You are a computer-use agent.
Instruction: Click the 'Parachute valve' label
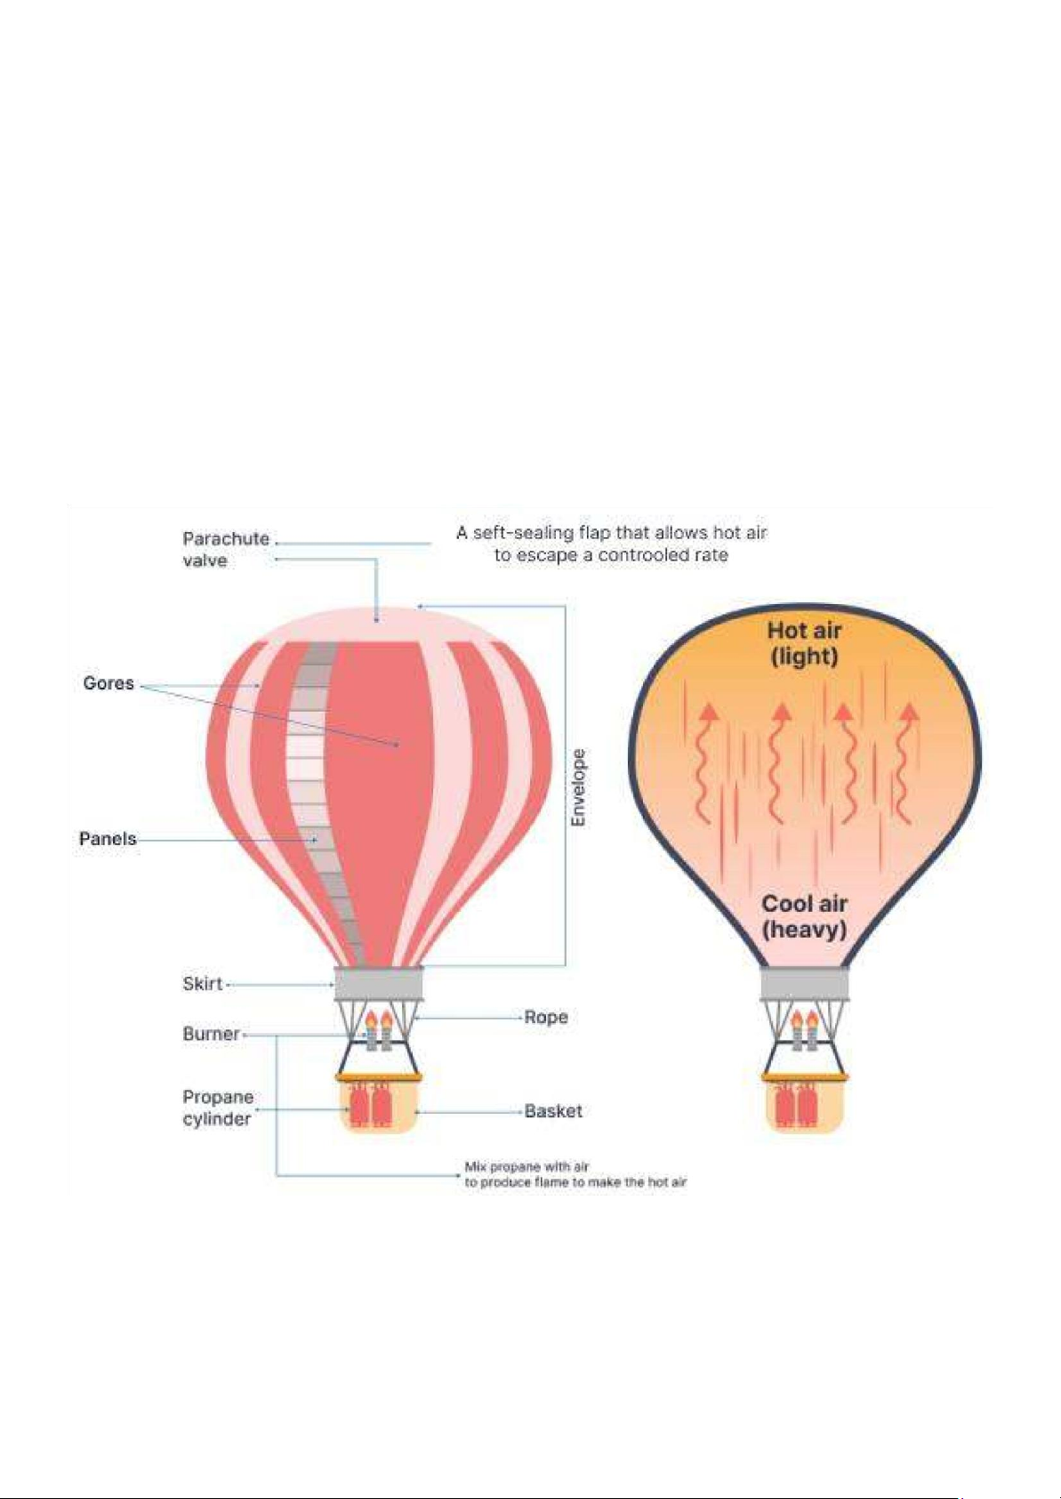tap(225, 549)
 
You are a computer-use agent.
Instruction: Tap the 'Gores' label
tap(109, 683)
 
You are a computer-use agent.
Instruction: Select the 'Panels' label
tap(108, 839)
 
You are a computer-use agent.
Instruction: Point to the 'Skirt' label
tap(203, 984)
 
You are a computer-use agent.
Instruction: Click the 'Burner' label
tap(212, 1034)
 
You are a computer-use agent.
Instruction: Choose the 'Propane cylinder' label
tap(218, 1108)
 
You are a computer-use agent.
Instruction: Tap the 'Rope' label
tap(546, 1017)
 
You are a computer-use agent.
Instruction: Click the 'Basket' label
tap(553, 1111)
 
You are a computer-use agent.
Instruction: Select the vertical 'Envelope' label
tap(579, 787)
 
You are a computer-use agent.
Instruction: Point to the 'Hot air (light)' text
tap(804, 643)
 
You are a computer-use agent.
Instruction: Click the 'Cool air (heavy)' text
tap(804, 917)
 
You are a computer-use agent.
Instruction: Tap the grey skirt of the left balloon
tap(378, 984)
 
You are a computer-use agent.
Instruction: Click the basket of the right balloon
tap(804, 1106)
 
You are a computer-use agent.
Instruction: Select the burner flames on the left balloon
tap(378, 1020)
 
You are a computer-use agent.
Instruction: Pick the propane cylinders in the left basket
tap(370, 1106)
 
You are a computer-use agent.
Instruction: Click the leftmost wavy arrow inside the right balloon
tap(706, 761)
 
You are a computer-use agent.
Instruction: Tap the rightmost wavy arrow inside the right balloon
tap(906, 761)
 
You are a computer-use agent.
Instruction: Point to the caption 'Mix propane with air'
tap(526, 1166)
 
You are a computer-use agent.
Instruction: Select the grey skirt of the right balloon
tap(804, 984)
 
